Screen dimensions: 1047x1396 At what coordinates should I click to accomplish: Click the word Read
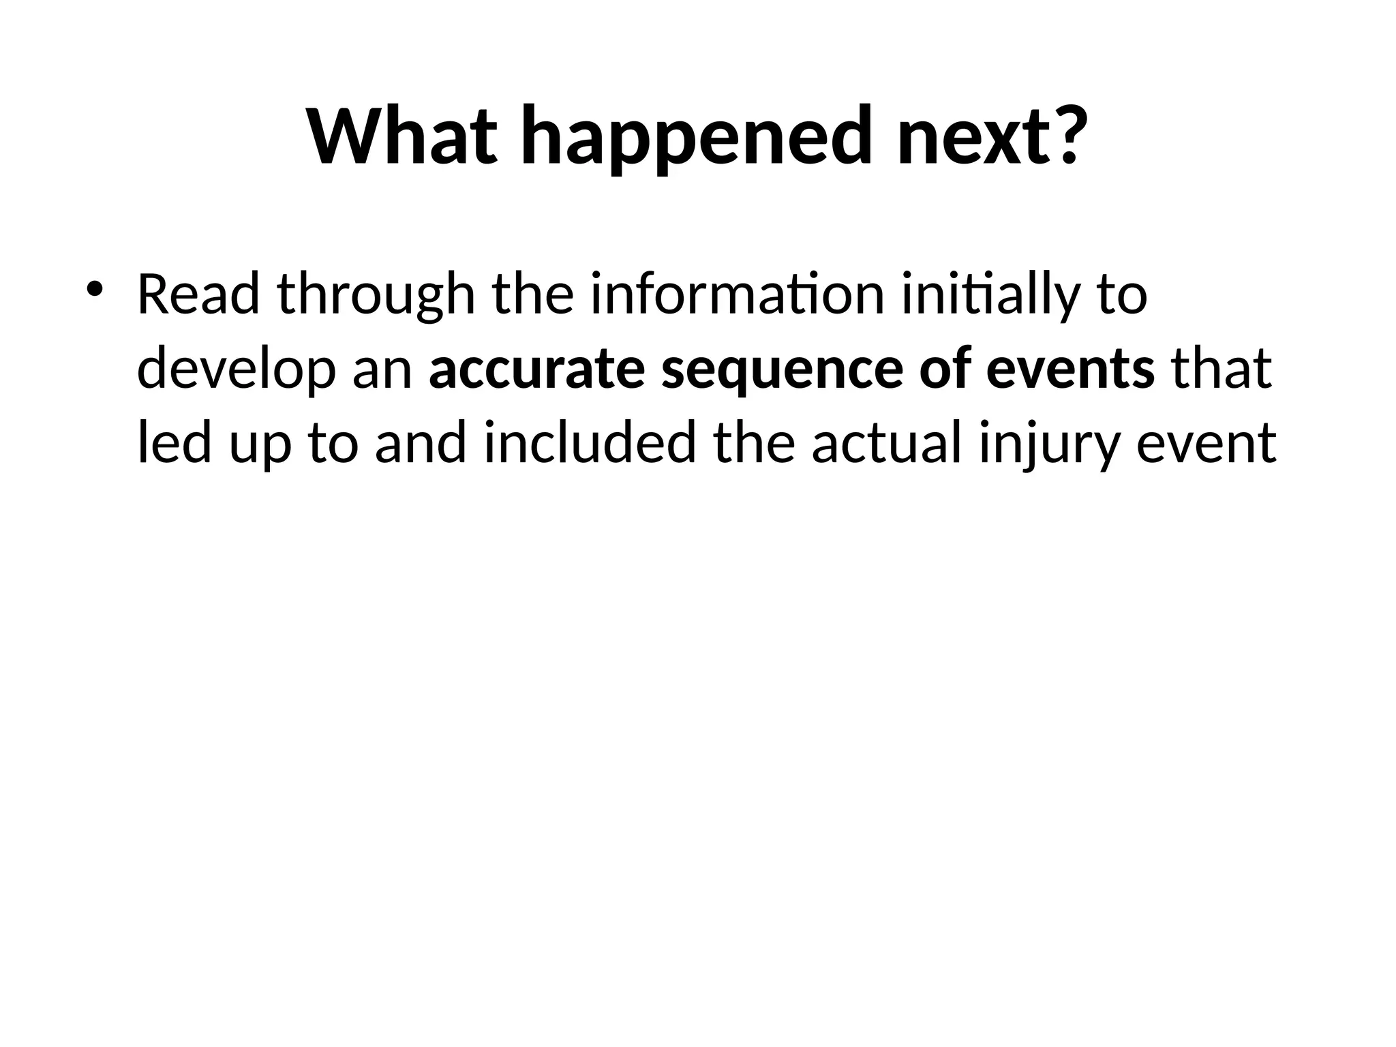pyautogui.click(x=198, y=294)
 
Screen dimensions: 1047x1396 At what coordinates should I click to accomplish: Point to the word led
pyautogui.click(x=174, y=443)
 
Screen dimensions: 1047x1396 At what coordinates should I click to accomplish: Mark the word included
pyautogui.click(x=590, y=443)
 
